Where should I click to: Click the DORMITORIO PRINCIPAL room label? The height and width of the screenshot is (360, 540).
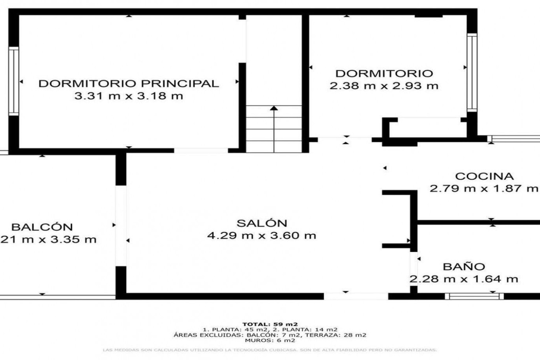[129, 84]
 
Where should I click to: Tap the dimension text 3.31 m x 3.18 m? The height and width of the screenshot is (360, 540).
[129, 96]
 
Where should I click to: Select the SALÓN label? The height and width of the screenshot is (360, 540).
[262, 223]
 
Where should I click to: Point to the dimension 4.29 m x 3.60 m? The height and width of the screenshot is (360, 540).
[262, 235]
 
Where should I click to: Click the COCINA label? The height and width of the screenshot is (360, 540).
[484, 176]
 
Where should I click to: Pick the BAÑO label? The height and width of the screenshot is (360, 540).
[464, 267]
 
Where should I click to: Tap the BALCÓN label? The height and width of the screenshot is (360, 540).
[42, 227]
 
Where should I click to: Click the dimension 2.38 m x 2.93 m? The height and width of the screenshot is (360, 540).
[384, 86]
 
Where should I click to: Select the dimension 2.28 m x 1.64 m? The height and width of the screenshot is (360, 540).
[463, 279]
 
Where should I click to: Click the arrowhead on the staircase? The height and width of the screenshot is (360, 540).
[274, 108]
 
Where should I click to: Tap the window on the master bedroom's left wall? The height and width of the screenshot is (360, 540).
[13, 81]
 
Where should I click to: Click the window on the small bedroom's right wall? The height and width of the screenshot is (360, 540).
[472, 73]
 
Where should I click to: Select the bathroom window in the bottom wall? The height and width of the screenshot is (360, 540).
[474, 296]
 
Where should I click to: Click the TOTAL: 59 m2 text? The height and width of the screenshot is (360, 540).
[270, 324]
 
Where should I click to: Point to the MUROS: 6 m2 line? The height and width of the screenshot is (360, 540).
[270, 340]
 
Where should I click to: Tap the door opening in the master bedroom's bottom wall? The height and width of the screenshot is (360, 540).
[201, 150]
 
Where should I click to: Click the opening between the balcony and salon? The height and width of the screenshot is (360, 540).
[121, 226]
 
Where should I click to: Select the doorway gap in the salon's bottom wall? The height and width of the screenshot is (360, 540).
[356, 296]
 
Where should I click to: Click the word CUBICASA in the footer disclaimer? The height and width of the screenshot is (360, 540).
[279, 350]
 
